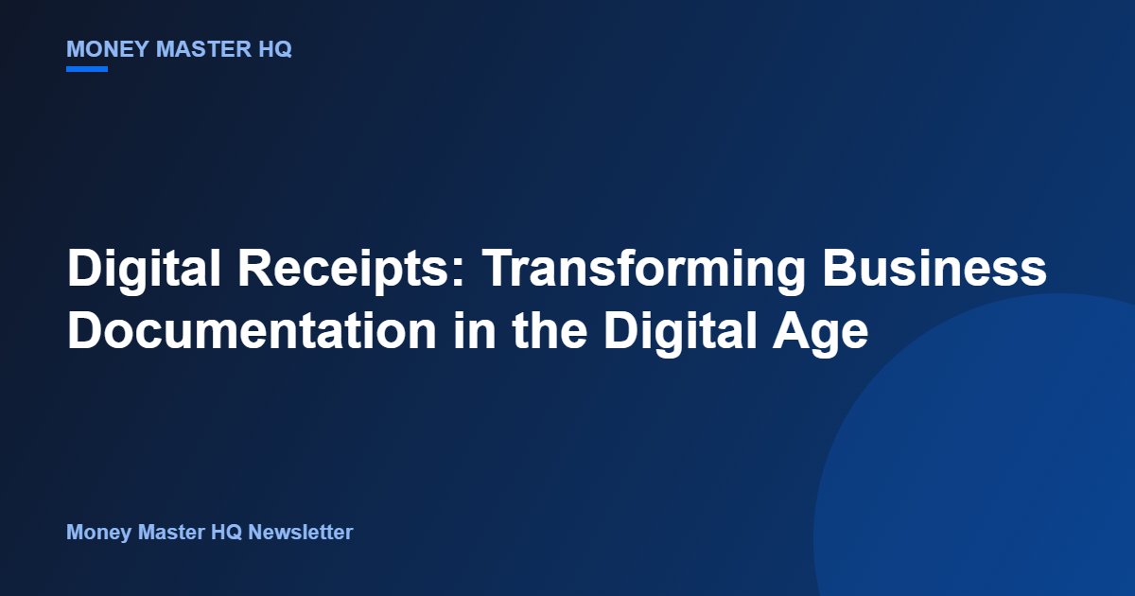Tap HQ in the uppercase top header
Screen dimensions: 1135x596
click(x=275, y=49)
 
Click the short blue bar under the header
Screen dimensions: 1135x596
click(x=87, y=69)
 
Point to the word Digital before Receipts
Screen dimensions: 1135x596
click(x=144, y=270)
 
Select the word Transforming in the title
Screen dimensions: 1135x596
click(x=643, y=270)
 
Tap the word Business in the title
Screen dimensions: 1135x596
click(x=934, y=268)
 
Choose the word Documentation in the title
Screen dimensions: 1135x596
click(x=252, y=330)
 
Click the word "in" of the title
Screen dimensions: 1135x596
click(x=474, y=330)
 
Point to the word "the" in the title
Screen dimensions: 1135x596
click(x=550, y=330)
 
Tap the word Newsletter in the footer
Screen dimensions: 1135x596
click(x=301, y=532)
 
